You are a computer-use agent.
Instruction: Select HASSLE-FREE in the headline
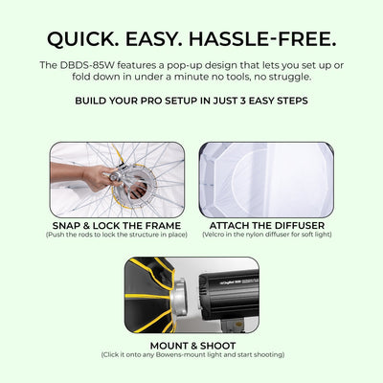point(268,38)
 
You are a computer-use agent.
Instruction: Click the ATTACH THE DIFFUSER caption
point(265,225)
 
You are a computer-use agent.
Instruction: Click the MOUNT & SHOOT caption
point(191,346)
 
